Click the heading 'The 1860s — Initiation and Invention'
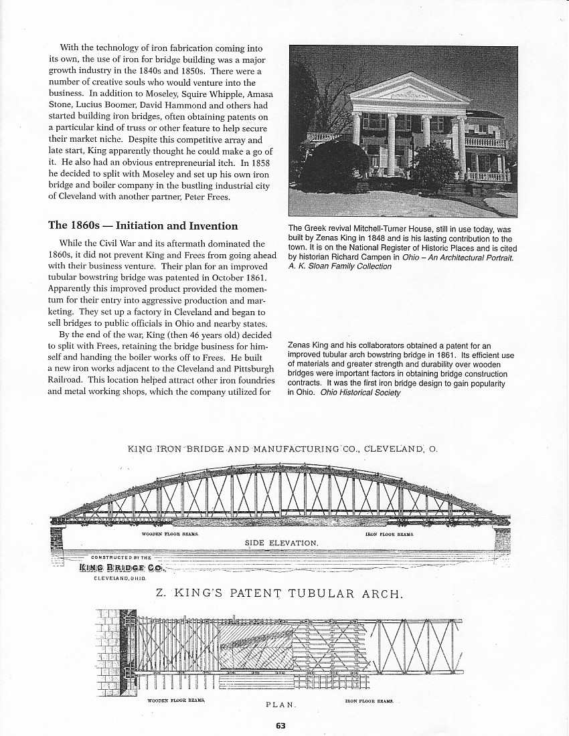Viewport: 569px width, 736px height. (x=143, y=225)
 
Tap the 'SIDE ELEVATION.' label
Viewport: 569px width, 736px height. (x=280, y=542)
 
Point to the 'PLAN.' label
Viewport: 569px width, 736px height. (x=281, y=705)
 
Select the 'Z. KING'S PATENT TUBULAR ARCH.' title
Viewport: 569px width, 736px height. (x=279, y=593)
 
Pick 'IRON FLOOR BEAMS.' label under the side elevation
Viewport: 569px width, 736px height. (x=390, y=534)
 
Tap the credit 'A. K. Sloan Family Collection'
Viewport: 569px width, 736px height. (x=339, y=266)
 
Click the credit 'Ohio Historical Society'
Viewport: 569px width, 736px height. (x=360, y=392)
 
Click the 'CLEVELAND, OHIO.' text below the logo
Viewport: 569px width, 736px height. (x=120, y=577)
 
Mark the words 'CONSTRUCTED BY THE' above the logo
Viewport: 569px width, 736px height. (x=121, y=557)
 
